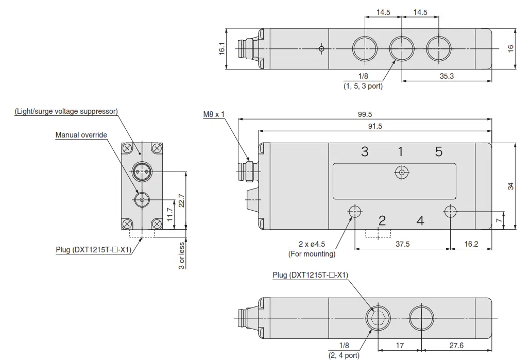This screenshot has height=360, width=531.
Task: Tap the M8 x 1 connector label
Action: point(214,114)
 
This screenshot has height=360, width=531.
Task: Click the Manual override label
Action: point(81,135)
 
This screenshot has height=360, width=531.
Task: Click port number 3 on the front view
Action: point(365,151)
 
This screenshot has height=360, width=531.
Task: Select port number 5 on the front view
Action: point(438,151)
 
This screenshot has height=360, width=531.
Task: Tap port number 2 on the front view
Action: point(382,221)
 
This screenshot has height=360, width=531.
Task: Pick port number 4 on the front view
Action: point(420,221)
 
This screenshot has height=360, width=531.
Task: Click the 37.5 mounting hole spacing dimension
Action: point(403,244)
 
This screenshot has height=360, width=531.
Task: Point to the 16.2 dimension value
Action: point(471,244)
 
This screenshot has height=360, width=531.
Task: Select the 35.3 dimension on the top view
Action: point(446,76)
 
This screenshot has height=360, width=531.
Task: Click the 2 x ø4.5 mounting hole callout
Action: point(312,245)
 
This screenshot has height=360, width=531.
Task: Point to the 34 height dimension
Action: point(511,186)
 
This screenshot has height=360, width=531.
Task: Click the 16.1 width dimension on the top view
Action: point(222,49)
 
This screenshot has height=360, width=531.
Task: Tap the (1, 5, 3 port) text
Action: point(363,86)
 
